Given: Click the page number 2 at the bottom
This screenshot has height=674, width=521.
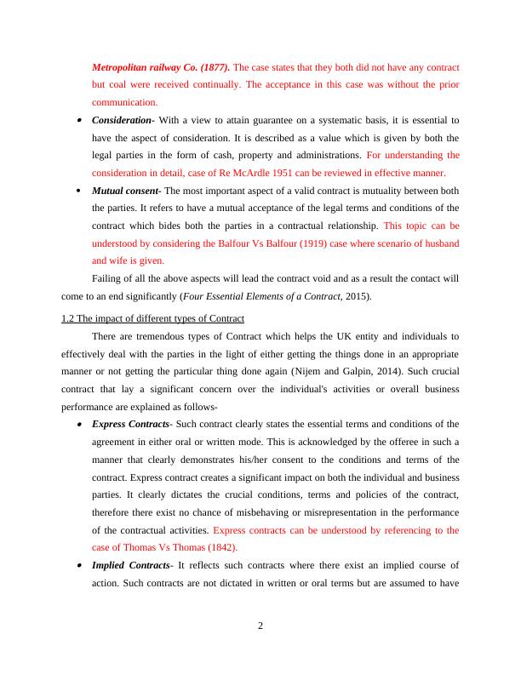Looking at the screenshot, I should [260, 626].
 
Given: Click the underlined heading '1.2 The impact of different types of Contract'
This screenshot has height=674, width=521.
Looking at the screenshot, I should [152, 318].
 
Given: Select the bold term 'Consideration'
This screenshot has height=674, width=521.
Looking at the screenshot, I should [122, 121].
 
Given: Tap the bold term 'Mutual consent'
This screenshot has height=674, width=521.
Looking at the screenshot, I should [124, 191].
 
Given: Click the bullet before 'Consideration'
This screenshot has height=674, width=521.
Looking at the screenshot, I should [79, 121].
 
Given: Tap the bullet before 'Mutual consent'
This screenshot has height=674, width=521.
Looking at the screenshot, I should [79, 191].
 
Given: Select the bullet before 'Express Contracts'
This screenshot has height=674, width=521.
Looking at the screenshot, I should [79, 424].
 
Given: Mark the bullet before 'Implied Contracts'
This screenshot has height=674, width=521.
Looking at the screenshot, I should [79, 565].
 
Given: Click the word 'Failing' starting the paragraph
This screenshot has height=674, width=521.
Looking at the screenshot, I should [106, 278].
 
